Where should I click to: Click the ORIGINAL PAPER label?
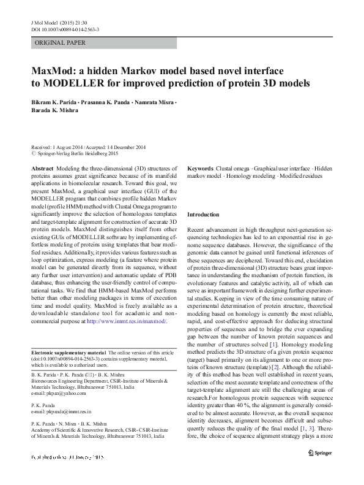pos(60,43)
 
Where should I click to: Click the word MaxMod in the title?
pos(58,71)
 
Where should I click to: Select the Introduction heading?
pos(202,215)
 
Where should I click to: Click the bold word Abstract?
pos(42,167)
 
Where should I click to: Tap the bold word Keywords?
pos(200,167)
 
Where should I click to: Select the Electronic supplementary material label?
pos(68,353)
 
